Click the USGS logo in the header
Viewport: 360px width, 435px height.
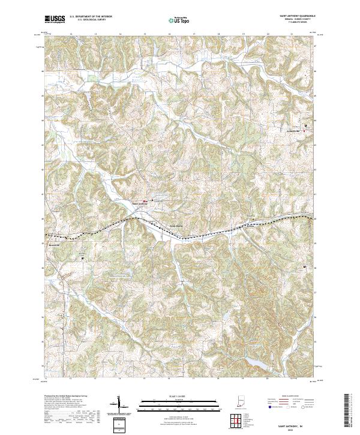coord(55,19)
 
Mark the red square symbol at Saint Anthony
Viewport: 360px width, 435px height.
coord(144,200)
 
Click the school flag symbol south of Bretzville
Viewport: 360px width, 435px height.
coord(82,258)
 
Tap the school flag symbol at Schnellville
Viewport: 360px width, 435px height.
coord(305,126)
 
